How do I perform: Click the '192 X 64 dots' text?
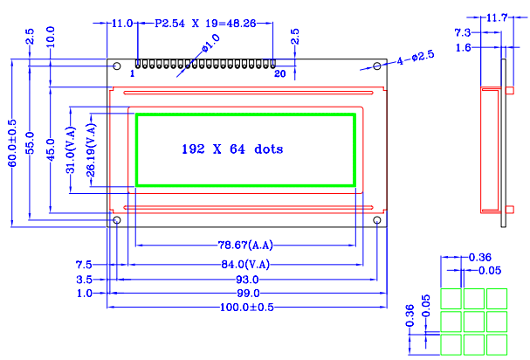(232, 149)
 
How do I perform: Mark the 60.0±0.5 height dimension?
(12, 143)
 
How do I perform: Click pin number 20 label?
(279, 74)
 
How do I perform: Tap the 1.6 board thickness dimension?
(465, 48)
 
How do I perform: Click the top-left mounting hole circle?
(117, 66)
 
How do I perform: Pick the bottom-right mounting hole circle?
(376, 222)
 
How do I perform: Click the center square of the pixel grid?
(474, 322)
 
